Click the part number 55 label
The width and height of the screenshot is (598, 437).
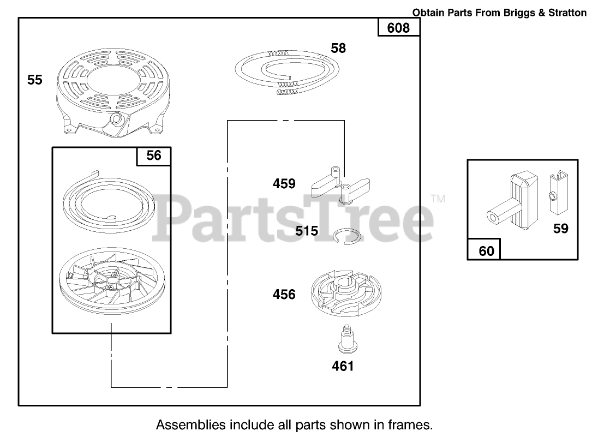pos(34,80)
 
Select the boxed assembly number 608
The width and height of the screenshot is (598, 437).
pos(398,28)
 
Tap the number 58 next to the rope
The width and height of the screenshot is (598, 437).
pos(338,49)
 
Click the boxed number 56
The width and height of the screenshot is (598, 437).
pos(154,156)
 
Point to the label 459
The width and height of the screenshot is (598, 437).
pos(284,184)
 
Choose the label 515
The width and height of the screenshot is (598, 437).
pos(307,231)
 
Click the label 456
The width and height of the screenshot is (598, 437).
pos(284,295)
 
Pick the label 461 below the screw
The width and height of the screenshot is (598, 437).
pos(343,366)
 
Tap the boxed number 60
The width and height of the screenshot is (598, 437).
pos(486,251)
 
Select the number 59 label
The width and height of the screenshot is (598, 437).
pos(561,229)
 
